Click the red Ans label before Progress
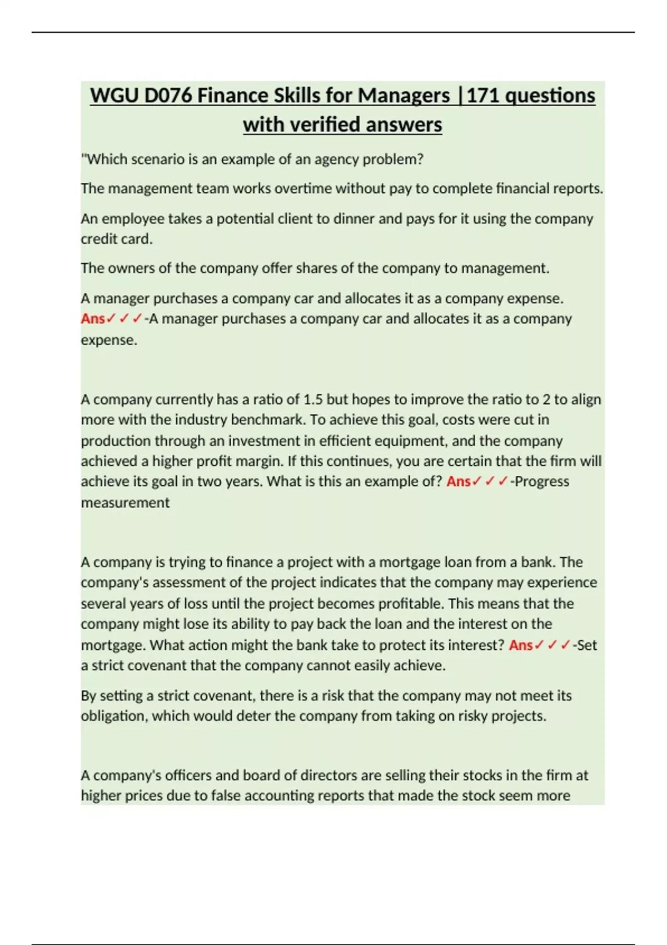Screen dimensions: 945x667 pos(459,481)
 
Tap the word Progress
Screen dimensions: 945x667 pos(542,481)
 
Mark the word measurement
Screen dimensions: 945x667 pos(125,503)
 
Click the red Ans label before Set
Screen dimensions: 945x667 pos(521,645)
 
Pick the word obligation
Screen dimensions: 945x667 pos(113,716)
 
